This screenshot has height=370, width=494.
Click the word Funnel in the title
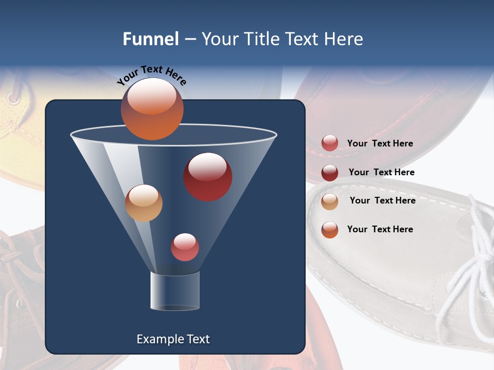[150, 39]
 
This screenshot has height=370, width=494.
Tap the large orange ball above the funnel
[152, 108]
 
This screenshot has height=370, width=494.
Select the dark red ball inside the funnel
[207, 176]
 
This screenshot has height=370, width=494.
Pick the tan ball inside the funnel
[144, 203]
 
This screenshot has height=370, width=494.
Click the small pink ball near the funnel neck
[185, 247]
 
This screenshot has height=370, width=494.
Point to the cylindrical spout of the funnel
[174, 291]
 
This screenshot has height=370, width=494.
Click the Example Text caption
[173, 339]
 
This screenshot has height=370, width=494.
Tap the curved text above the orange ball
[151, 75]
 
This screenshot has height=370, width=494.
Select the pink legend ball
[330, 143]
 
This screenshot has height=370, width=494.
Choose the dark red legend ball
[330, 172]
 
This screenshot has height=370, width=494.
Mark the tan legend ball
[330, 201]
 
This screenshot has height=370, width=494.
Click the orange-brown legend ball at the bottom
[330, 230]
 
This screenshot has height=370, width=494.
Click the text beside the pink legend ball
[380, 143]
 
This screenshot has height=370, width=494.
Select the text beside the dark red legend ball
[381, 172]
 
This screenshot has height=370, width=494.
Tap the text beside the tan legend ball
[382, 200]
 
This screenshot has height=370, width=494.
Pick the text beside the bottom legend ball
[380, 229]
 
